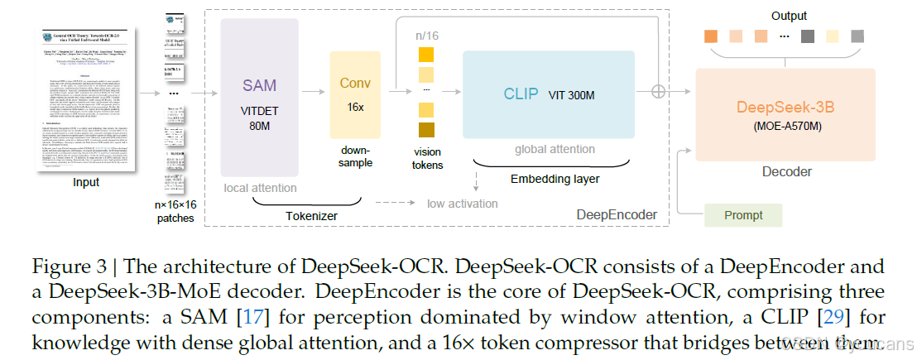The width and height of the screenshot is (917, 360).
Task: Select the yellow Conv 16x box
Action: tap(355, 94)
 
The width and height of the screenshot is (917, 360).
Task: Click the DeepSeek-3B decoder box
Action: tap(785, 115)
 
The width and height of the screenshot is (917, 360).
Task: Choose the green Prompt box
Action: tap(743, 215)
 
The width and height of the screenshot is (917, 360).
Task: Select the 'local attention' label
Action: tap(260, 188)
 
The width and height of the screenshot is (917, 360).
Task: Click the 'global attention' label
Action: tap(555, 149)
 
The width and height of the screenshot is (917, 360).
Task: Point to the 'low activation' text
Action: tap(462, 204)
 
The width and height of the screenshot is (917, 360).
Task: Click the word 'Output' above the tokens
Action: tap(788, 16)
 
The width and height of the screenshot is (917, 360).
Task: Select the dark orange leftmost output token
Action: tap(710, 36)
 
